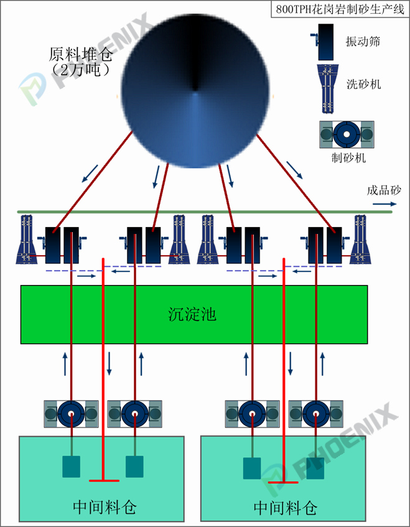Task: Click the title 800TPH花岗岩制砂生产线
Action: (x=339, y=10)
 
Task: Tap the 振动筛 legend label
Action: (x=363, y=42)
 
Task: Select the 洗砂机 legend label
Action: (x=363, y=84)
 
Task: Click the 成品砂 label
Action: (x=384, y=191)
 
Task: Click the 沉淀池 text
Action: (x=192, y=314)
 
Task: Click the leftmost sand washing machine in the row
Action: (x=27, y=239)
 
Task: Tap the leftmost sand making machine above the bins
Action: (x=71, y=413)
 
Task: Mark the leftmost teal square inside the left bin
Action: (x=72, y=467)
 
